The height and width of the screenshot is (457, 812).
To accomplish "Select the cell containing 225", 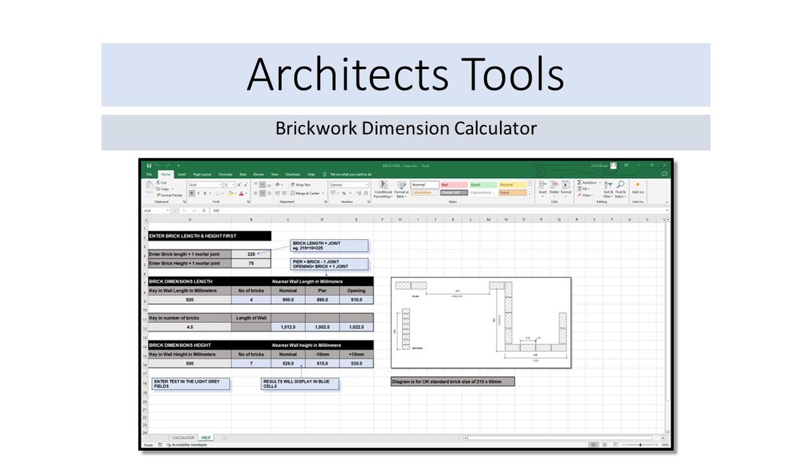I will [x=251, y=254].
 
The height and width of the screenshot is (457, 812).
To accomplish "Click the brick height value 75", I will [x=251, y=264].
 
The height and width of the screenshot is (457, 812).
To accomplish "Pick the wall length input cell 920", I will [x=189, y=299].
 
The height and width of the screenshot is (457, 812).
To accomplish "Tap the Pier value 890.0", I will [x=322, y=299].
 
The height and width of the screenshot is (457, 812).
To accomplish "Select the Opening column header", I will [x=356, y=290].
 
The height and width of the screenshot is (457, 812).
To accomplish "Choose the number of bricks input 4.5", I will [x=189, y=328].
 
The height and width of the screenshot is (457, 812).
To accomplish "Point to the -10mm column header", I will [x=322, y=354].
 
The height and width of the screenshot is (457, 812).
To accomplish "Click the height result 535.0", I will [x=356, y=363].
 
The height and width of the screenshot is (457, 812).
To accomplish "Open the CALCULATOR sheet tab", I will [x=183, y=437].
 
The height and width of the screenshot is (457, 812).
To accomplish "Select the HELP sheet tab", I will [x=206, y=437].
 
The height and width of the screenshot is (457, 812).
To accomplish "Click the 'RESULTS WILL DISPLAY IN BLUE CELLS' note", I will [x=300, y=384].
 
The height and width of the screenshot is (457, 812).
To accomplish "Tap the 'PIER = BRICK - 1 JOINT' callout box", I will [x=330, y=264].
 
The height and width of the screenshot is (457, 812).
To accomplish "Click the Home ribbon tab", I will [x=165, y=174].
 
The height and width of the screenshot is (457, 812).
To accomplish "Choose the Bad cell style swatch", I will [x=453, y=184].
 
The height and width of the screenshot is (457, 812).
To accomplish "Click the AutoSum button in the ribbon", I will [x=587, y=183].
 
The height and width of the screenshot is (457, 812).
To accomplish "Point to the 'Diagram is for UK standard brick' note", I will [x=453, y=382].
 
